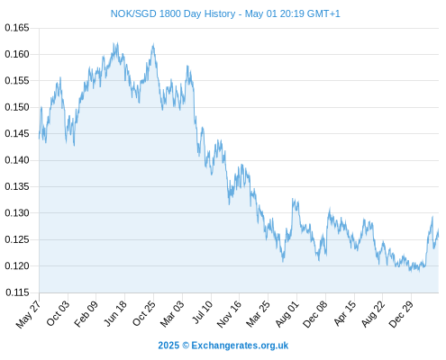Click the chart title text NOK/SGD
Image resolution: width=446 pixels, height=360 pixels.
(133, 13)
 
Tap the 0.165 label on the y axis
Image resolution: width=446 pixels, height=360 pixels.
(17, 28)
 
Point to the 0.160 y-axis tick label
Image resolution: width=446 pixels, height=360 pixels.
(17, 54)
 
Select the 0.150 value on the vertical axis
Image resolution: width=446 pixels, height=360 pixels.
(17, 107)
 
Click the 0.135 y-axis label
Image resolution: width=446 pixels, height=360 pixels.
(17, 186)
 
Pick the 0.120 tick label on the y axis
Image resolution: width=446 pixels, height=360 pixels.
(17, 265)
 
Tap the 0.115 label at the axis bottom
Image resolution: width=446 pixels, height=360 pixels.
(17, 292)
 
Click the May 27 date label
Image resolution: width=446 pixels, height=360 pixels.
(28, 314)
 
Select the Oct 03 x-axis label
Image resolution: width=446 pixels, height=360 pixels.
(58, 313)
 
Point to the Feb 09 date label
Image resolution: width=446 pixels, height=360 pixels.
(86, 314)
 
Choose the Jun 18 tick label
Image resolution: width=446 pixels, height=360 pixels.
(115, 313)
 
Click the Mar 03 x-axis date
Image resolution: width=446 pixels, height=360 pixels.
(172, 314)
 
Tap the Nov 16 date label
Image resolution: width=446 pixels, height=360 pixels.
(229, 314)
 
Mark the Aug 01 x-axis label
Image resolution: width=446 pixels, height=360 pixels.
(287, 314)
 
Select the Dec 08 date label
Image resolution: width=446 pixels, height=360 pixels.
(315, 314)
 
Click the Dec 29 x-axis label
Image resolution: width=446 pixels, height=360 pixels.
(401, 314)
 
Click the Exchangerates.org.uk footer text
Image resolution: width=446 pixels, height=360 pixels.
(240, 346)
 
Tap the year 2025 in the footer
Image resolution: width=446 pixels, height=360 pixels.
(168, 346)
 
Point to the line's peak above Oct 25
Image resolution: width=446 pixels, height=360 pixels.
(153, 44)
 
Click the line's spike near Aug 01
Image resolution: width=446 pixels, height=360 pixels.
(293, 199)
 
